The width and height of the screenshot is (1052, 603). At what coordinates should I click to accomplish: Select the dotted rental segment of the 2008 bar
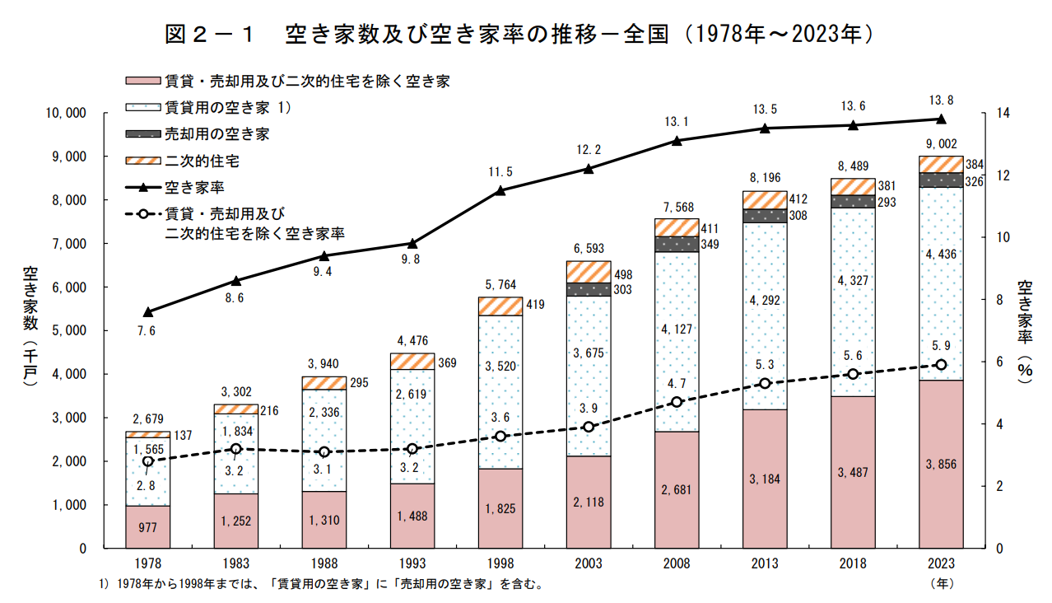(677, 341)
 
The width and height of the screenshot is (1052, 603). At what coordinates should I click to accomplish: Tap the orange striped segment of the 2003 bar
(589, 272)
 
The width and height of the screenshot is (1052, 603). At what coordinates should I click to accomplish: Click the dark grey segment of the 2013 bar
(765, 216)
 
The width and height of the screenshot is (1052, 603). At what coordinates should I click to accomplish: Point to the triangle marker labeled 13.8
(941, 119)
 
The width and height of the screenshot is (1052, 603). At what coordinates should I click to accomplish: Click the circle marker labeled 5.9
(941, 365)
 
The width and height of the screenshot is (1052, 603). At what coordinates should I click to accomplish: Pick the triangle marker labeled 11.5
(500, 191)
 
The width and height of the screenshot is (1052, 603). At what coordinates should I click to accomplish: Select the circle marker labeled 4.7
(677, 402)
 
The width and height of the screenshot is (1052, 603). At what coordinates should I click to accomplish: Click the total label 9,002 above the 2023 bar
(941, 144)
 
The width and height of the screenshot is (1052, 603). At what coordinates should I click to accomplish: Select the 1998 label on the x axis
(500, 564)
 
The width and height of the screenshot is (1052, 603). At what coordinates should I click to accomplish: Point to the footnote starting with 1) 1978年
(321, 584)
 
